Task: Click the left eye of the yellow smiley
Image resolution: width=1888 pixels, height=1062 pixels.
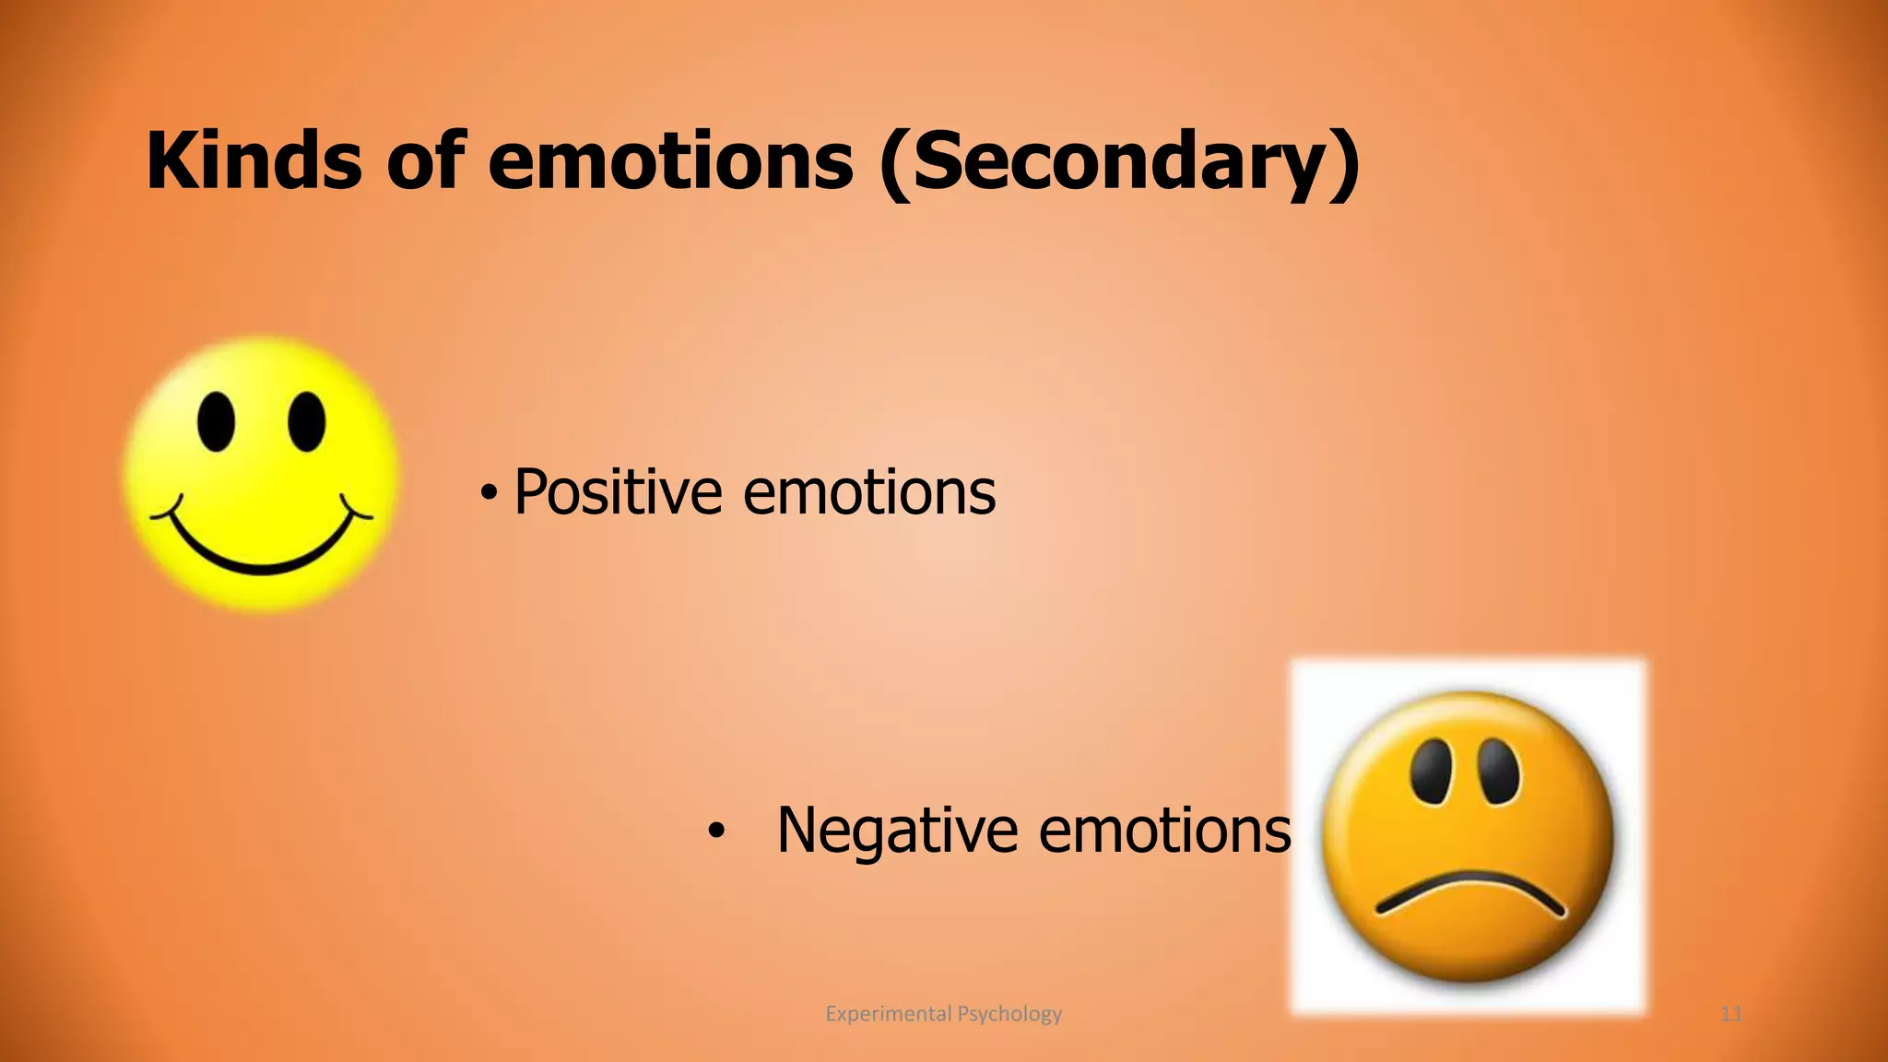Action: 217,422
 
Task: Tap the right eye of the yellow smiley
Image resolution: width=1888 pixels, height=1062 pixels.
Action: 306,422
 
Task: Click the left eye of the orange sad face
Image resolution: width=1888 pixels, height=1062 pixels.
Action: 1432,769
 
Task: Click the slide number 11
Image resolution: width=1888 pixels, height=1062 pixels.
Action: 1731,1014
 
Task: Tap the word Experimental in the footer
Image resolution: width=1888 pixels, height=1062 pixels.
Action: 888,1014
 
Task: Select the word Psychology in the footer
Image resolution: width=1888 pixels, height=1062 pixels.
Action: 1009,1014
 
